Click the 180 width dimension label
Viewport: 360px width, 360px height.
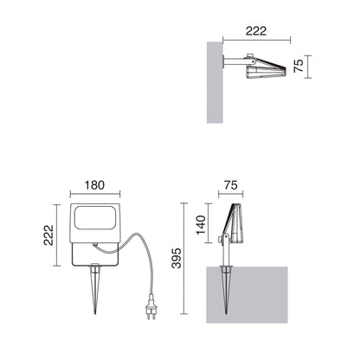[94, 185]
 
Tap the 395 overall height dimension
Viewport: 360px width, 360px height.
[177, 258]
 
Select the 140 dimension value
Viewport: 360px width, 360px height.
[201, 225]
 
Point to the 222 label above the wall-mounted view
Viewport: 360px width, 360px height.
[256, 31]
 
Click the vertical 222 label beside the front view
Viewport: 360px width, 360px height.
[48, 235]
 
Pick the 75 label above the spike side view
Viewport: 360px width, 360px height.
[231, 185]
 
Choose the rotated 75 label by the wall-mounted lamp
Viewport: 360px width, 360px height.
[299, 66]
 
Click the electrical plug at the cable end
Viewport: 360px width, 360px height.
[151, 306]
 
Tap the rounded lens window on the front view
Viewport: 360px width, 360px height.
[95, 218]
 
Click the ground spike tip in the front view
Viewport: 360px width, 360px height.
[95, 313]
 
